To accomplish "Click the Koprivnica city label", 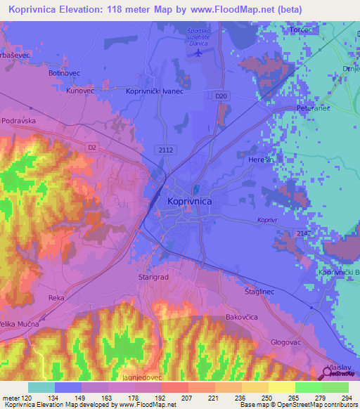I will coord(189,201).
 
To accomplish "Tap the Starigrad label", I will coord(151,278).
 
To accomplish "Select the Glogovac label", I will coord(285,342).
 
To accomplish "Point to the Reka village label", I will coord(56,298).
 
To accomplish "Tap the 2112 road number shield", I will coord(166,150).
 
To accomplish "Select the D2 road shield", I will coord(92,147).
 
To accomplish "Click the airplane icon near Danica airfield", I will coord(198,52).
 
